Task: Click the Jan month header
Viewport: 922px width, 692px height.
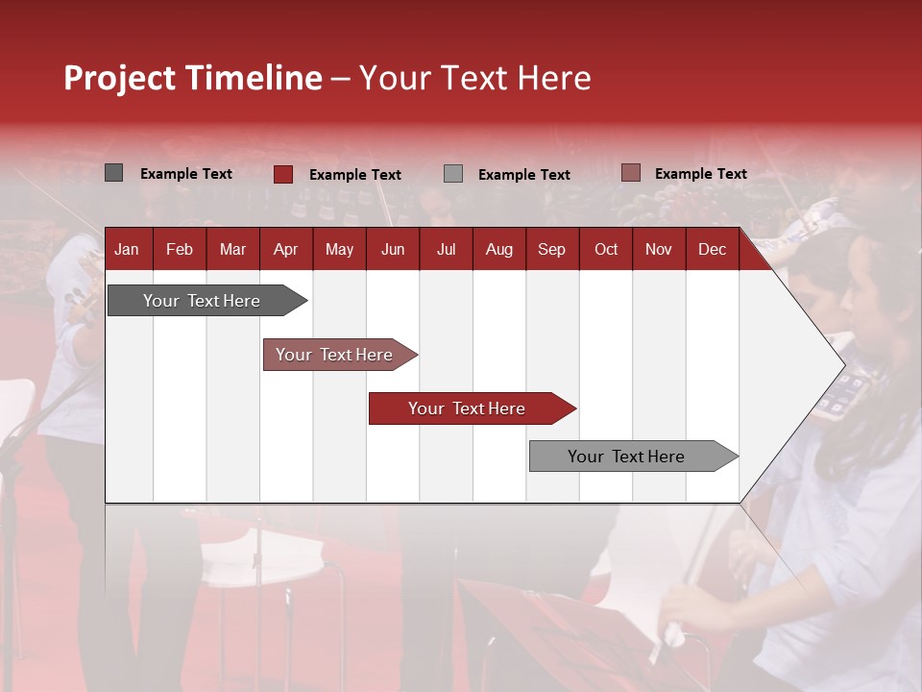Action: coord(127,249)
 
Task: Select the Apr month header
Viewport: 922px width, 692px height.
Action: coord(285,249)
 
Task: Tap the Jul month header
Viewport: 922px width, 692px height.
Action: coord(446,249)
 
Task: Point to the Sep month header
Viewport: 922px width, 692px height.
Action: coord(551,249)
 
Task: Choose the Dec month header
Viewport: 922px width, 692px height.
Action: coord(712,249)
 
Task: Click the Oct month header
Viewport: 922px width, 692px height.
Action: coord(606,249)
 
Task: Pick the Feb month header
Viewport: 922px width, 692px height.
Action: coord(180,249)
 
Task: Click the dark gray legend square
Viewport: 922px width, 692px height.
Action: coord(113,173)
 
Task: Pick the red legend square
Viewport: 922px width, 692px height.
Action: coord(282,174)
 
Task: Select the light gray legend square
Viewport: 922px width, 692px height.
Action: coord(453,173)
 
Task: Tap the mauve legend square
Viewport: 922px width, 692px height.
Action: coord(630,173)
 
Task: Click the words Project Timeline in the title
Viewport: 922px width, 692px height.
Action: coord(192,78)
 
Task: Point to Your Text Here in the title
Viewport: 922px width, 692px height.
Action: coord(474,78)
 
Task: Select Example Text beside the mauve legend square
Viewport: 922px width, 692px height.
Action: coord(700,173)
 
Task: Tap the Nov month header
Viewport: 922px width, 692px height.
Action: coord(659,249)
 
